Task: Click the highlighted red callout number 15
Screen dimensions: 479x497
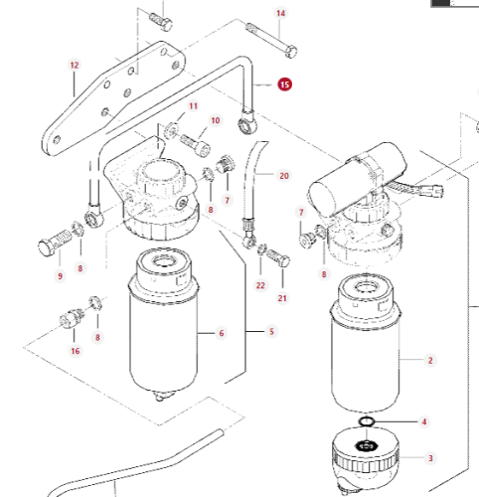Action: pyautogui.click(x=284, y=84)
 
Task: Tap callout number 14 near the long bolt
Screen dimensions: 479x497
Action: pyautogui.click(x=280, y=13)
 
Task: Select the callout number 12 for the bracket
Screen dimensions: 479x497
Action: pyautogui.click(x=75, y=66)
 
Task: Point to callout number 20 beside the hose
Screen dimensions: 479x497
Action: pyautogui.click(x=284, y=176)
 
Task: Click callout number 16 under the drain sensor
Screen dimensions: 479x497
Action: pyautogui.click(x=76, y=351)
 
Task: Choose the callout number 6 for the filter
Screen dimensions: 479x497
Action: pyautogui.click(x=222, y=333)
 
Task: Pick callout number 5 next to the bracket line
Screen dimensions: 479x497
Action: pyautogui.click(x=271, y=332)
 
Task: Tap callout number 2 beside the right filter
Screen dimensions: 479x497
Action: pyautogui.click(x=430, y=361)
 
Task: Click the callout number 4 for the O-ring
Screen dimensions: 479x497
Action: pyautogui.click(x=424, y=421)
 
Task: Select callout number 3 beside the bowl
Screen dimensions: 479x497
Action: pyautogui.click(x=430, y=458)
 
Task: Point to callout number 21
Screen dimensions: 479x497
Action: pyautogui.click(x=282, y=298)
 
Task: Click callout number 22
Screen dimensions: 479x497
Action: pyautogui.click(x=260, y=285)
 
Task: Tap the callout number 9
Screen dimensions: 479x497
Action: pyautogui.click(x=60, y=276)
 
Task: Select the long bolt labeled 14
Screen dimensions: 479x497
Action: pyautogui.click(x=271, y=40)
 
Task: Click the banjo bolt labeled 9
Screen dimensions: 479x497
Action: pyautogui.click(x=55, y=243)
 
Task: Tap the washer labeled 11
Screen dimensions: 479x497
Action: pyautogui.click(x=172, y=130)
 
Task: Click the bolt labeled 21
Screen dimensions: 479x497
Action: pyautogui.click(x=278, y=257)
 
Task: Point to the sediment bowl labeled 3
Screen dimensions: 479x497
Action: pyautogui.click(x=366, y=459)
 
